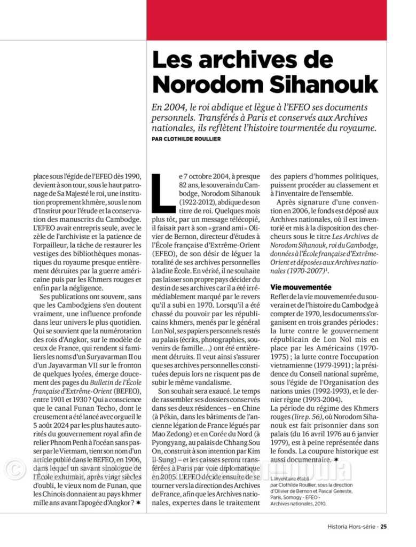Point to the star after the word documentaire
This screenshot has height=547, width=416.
tap(336, 460)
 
